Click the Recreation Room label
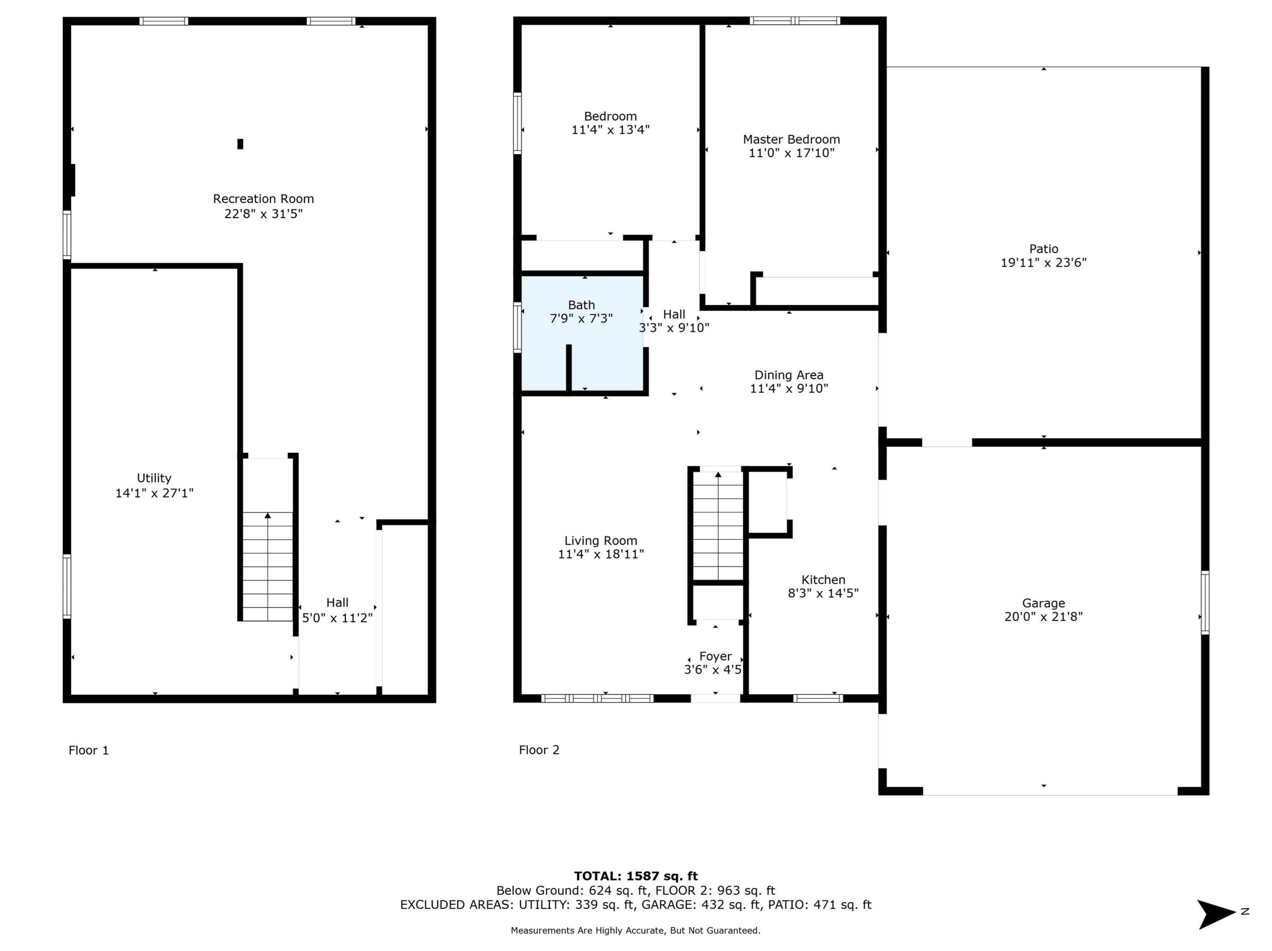click(263, 199)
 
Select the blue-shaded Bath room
click(582, 332)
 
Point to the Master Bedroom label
click(791, 139)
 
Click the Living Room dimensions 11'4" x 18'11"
click(600, 554)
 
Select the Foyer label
click(715, 656)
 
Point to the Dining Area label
click(789, 375)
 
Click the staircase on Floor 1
click(267, 566)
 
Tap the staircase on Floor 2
click(718, 526)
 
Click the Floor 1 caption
click(89, 750)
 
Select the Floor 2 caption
click(539, 750)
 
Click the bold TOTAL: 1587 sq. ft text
click(636, 876)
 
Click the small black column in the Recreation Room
click(241, 144)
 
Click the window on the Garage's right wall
click(1205, 603)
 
